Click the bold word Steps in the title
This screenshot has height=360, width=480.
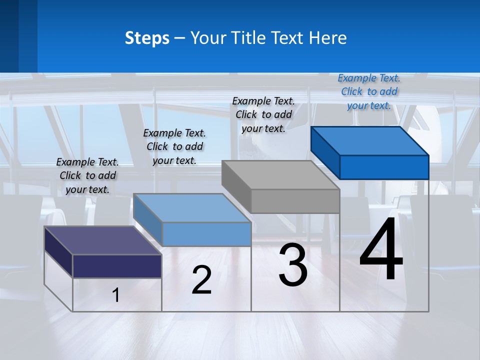pyautogui.click(x=147, y=38)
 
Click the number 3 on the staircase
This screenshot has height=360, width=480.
pyautogui.click(x=293, y=265)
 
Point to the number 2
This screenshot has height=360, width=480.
pyautogui.click(x=201, y=280)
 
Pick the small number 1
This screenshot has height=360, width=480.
pyautogui.click(x=116, y=295)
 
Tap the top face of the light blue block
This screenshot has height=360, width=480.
pyautogui.click(x=192, y=207)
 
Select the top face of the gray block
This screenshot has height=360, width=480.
pyautogui.click(x=280, y=175)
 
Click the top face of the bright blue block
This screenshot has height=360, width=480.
pyautogui.click(x=369, y=140)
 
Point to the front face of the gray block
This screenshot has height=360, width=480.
pyautogui.click(x=295, y=201)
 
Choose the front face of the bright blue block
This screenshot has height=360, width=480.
pyautogui.click(x=384, y=167)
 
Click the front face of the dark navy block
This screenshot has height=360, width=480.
pyautogui.click(x=117, y=266)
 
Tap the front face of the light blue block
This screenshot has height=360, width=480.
pyautogui.click(x=206, y=234)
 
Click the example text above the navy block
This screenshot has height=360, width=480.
pyautogui.click(x=87, y=175)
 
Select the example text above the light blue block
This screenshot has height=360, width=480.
pyautogui.click(x=174, y=146)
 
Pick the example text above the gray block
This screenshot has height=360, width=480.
pyautogui.click(x=263, y=114)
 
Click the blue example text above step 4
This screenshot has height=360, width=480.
pyautogui.click(x=369, y=91)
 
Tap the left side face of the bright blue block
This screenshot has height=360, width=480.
pyautogui.click(x=325, y=152)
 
